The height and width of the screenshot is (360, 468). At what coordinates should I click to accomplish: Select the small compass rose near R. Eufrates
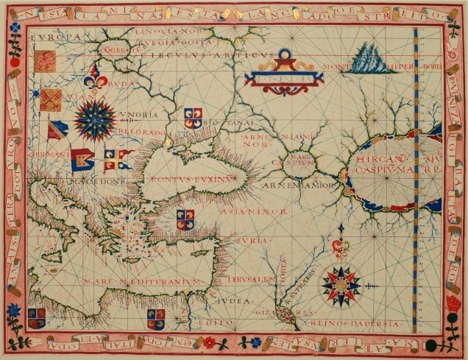339,283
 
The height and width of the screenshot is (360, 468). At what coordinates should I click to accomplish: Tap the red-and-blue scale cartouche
284,74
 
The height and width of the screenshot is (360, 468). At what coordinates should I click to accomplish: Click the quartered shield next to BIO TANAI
193,117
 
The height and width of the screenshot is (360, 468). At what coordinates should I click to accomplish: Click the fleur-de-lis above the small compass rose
339,249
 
